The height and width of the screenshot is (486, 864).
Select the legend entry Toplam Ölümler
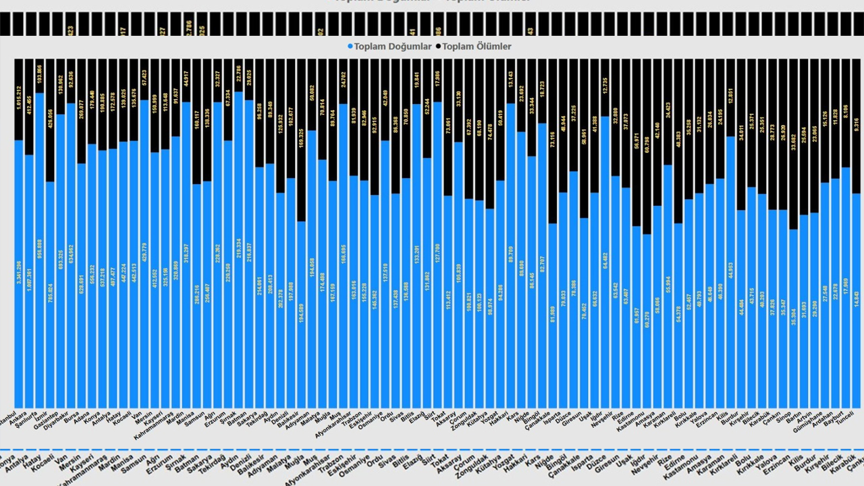[477, 47]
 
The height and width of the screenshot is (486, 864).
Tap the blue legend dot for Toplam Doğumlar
[350, 47]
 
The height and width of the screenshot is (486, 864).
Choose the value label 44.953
[730, 277]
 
